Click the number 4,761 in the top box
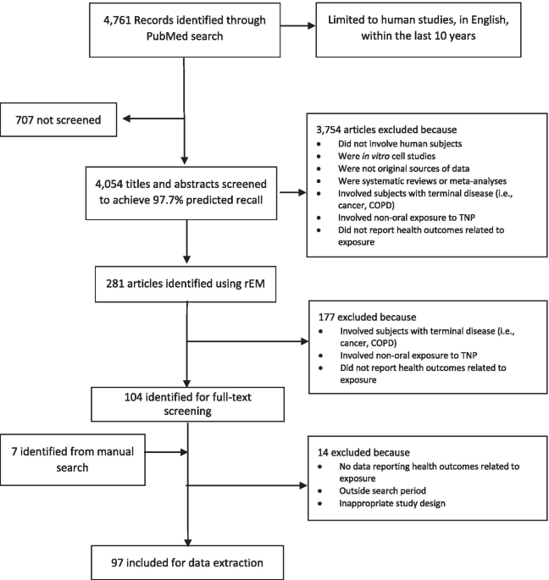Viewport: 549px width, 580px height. (117, 20)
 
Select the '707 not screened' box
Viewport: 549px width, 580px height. (58, 119)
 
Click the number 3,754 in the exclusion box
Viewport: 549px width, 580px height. (329, 130)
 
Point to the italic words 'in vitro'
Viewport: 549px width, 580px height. (375, 156)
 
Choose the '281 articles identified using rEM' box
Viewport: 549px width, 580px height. (186, 284)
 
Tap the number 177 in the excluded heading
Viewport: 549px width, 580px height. (327, 317)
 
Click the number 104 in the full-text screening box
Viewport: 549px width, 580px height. (133, 397)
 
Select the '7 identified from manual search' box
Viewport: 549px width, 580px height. (73, 460)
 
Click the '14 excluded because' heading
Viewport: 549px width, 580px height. (363, 452)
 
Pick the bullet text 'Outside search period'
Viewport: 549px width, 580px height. (382, 491)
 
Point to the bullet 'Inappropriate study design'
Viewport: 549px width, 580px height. (392, 504)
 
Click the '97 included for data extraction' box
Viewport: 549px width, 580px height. (187, 562)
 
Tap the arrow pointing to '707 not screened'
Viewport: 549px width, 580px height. (153, 119)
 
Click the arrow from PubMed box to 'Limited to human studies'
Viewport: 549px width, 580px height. (298, 25)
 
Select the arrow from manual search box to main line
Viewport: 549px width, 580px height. (166, 451)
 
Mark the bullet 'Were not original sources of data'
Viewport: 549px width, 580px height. (403, 168)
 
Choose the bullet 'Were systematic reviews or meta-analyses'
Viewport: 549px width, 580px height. (422, 181)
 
